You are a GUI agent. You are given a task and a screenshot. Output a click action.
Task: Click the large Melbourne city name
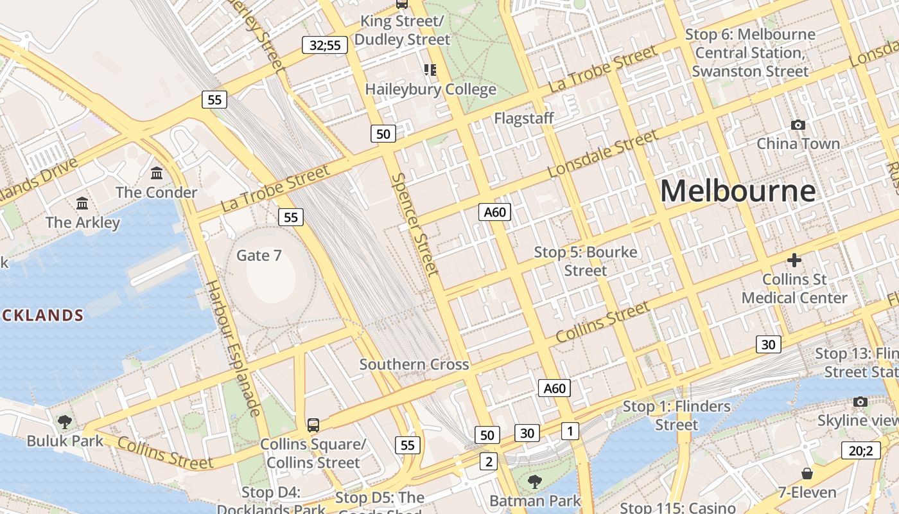point(738,191)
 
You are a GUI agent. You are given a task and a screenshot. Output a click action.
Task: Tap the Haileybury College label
point(430,89)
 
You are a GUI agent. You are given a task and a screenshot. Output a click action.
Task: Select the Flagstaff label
point(523,119)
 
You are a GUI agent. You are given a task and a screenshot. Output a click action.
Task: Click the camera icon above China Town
point(798,125)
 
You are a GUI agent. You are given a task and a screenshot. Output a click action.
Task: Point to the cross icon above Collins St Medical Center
point(794,260)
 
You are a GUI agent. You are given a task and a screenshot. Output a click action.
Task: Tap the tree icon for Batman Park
point(534,481)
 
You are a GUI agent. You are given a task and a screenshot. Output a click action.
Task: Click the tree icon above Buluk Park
point(64,422)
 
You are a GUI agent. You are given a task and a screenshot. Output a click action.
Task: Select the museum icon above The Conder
point(157,173)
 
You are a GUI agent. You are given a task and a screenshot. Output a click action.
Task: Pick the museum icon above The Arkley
point(82,203)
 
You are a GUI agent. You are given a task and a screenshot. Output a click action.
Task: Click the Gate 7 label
point(259,255)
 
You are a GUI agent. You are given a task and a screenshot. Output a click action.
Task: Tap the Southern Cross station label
point(414,364)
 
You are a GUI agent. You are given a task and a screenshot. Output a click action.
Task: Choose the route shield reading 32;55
point(325,45)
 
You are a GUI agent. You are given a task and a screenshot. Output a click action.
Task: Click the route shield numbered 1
point(570,431)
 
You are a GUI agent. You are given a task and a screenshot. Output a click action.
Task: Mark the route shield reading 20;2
point(860,450)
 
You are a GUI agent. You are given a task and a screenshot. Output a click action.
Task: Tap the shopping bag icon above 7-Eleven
point(807,474)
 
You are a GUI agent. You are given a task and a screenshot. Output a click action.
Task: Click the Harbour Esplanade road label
point(233,348)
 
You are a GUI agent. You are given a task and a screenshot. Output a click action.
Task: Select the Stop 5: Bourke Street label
point(586,261)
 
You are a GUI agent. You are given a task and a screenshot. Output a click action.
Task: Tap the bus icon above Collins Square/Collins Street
point(313,425)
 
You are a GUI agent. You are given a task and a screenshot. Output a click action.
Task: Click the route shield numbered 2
point(489,461)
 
